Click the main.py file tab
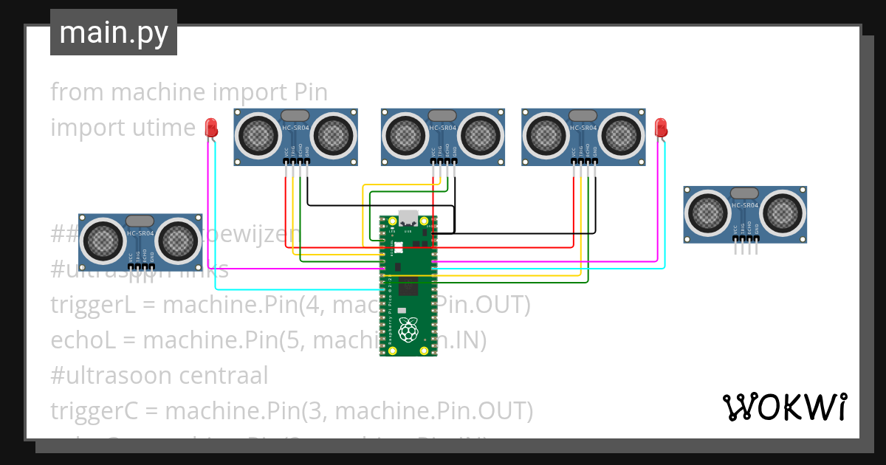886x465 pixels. [x=113, y=32]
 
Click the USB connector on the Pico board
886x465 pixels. [x=408, y=218]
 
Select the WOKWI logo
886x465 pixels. [x=784, y=407]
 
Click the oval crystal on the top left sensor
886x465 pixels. [x=295, y=115]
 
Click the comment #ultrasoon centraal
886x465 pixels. [x=159, y=375]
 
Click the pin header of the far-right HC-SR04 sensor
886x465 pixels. [x=745, y=249]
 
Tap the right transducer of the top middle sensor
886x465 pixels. [x=481, y=135]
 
